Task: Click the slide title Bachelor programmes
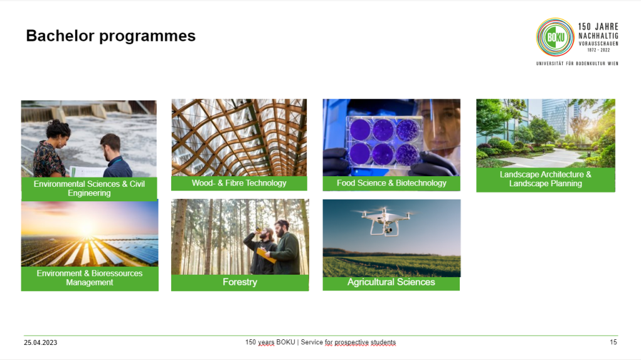(x=111, y=36)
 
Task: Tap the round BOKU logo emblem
(x=555, y=37)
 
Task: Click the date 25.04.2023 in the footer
(x=41, y=342)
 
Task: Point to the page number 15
(x=613, y=342)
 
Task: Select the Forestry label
(x=240, y=282)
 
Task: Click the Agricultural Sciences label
(x=391, y=282)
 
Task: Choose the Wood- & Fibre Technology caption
(x=239, y=183)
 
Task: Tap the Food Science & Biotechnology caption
(x=391, y=183)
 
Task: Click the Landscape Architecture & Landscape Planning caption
(x=546, y=179)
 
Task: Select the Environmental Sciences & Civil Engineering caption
(x=89, y=188)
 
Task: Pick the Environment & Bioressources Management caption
(x=90, y=278)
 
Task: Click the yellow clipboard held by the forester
(x=266, y=255)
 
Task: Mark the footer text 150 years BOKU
(x=270, y=342)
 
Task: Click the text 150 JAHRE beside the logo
(x=598, y=26)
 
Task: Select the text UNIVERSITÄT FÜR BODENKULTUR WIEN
(x=577, y=63)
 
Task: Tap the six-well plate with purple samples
(x=384, y=142)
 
